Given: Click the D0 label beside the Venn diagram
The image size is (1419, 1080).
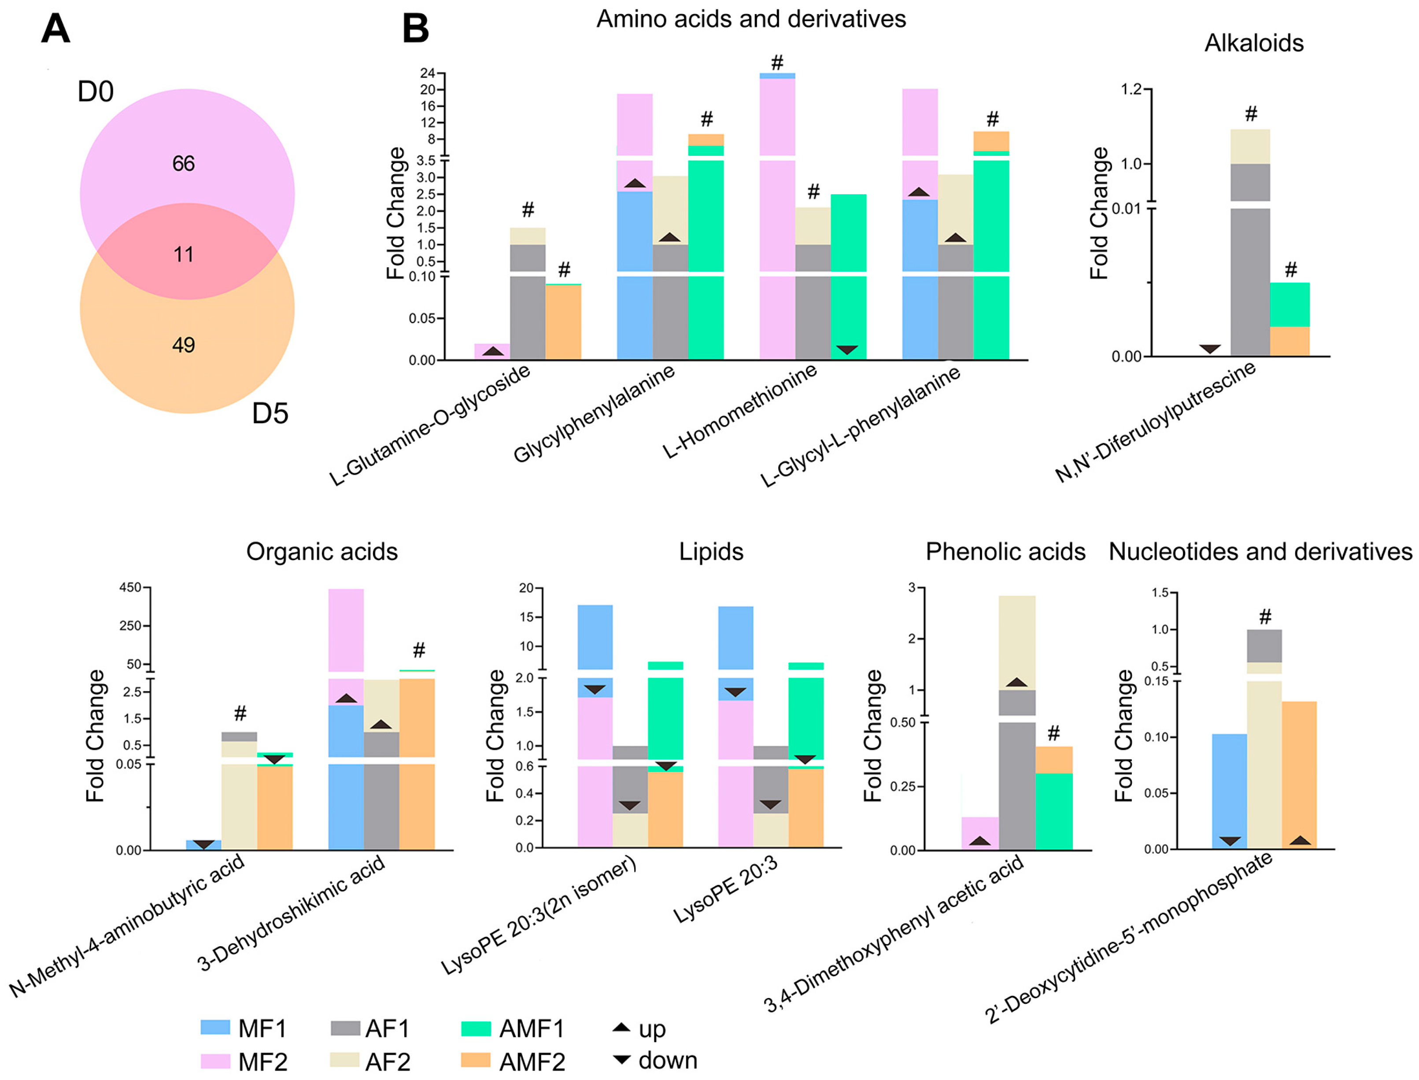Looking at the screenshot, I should [x=95, y=92].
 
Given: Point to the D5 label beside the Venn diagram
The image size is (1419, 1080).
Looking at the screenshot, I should [x=270, y=413].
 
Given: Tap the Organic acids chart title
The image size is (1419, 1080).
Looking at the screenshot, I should [x=321, y=552].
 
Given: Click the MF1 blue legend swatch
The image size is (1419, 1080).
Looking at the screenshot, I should [x=215, y=1027].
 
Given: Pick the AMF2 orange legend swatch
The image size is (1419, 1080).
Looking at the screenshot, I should [x=475, y=1059].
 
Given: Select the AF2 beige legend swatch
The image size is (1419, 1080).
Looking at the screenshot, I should [x=345, y=1059].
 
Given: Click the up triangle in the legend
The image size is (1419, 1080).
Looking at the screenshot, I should [x=621, y=1027].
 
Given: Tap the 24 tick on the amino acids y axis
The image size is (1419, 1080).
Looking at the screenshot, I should [x=428, y=73].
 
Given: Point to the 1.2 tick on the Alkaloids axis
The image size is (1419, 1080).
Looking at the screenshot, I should [x=1131, y=88].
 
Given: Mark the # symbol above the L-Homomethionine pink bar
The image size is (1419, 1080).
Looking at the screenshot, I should [x=777, y=63].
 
